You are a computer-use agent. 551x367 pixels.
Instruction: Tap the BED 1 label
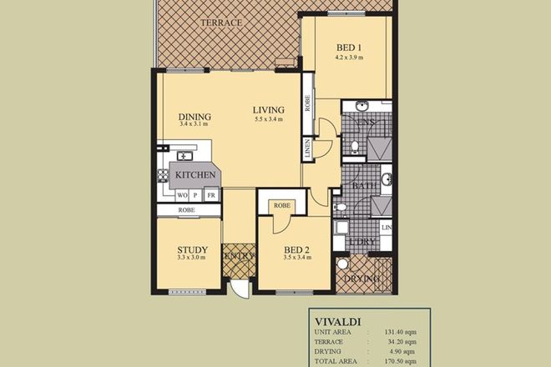(x=348, y=48)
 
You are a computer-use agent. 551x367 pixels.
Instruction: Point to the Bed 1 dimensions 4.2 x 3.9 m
(x=348, y=58)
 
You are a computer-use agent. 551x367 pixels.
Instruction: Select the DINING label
(x=195, y=116)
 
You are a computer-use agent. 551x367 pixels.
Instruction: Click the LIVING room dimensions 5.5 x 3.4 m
(x=269, y=119)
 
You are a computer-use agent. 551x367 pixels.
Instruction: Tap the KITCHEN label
(x=196, y=175)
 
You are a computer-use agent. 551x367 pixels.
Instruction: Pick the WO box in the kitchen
(x=181, y=194)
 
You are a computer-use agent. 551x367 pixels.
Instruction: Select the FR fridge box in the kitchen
(x=211, y=194)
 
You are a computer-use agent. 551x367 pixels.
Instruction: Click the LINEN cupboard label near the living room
(x=308, y=150)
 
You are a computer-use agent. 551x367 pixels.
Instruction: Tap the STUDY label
(x=192, y=249)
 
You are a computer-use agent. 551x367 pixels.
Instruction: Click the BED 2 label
(x=297, y=249)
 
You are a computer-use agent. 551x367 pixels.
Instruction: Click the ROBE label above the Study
(x=187, y=211)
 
